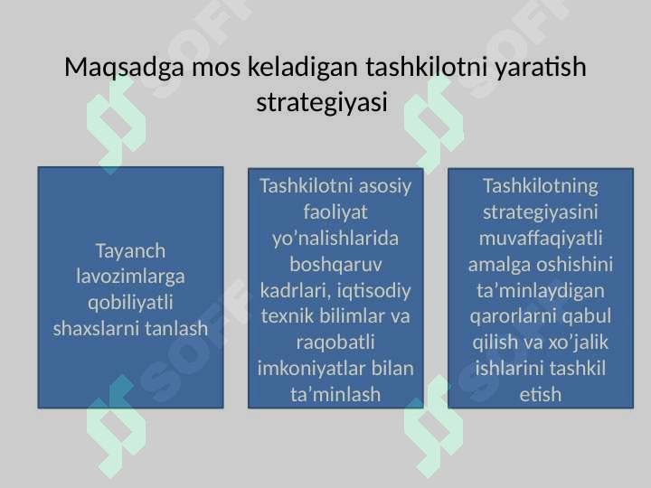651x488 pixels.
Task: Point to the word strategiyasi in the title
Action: pos(322,100)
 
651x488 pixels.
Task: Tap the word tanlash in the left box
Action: pos(175,328)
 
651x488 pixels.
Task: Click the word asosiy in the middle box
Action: pos(380,186)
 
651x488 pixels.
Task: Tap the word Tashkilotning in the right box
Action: pos(541,186)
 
